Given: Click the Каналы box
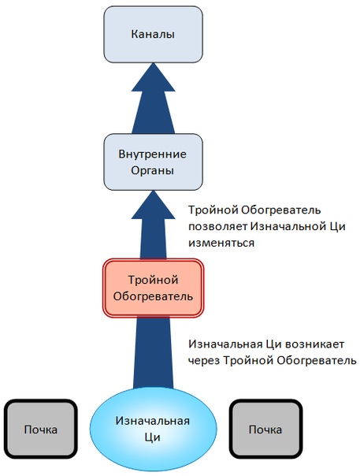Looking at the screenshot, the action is (153, 35).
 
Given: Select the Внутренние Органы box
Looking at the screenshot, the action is (153, 162).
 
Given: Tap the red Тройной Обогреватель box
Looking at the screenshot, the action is (153, 288).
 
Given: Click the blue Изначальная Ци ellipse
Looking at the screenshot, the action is (153, 429).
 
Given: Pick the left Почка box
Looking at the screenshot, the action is (41, 430).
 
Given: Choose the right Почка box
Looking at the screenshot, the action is (265, 430).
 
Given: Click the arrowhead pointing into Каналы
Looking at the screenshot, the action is (153, 77).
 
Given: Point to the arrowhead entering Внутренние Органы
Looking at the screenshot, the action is (153, 205).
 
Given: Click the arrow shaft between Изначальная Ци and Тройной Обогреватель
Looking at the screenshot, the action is (153, 353).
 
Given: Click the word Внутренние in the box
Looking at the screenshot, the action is (152, 154).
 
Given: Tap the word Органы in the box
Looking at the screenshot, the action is (152, 170).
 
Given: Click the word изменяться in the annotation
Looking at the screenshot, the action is (221, 243).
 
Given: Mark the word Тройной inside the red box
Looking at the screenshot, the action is (153, 280).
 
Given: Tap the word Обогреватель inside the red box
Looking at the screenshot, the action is (153, 296).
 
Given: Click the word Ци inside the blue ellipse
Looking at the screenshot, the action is (152, 437).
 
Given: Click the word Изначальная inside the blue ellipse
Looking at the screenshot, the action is (153, 421).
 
